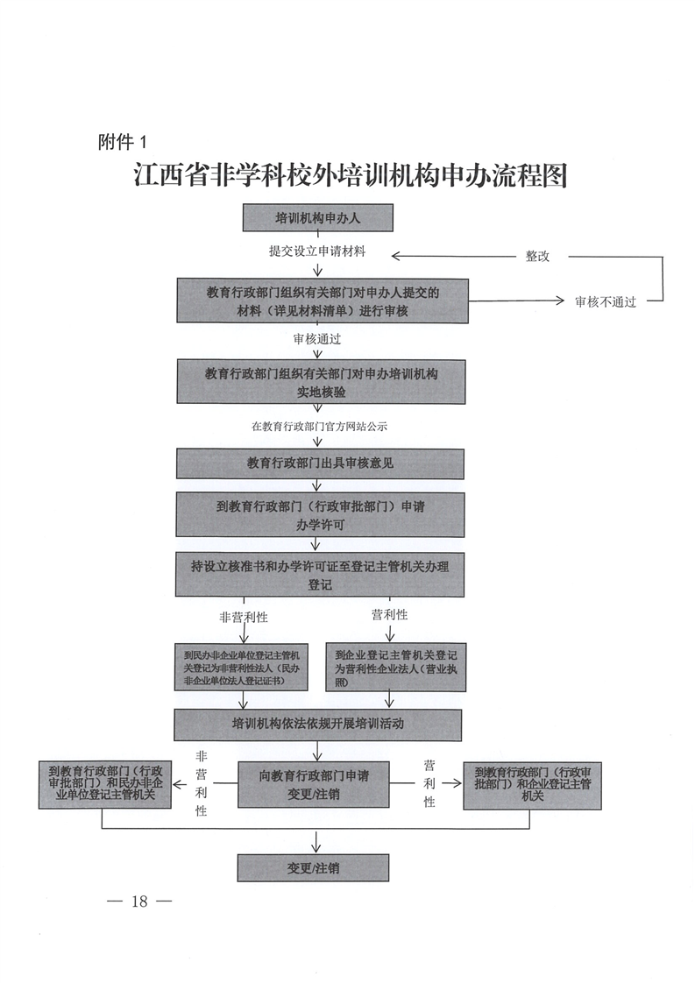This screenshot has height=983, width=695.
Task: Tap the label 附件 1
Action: click(125, 140)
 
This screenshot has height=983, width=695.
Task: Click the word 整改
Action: click(537, 257)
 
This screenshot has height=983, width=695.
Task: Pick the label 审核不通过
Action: click(606, 302)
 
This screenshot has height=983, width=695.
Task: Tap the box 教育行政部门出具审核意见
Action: click(320, 463)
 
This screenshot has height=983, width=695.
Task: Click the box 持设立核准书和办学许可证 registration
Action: click(320, 575)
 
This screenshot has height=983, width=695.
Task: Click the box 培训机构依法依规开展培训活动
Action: click(317, 724)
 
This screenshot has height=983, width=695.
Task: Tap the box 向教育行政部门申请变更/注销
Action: click(314, 783)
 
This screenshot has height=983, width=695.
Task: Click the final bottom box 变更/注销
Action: click(313, 867)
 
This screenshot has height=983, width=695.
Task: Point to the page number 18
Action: click(138, 902)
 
